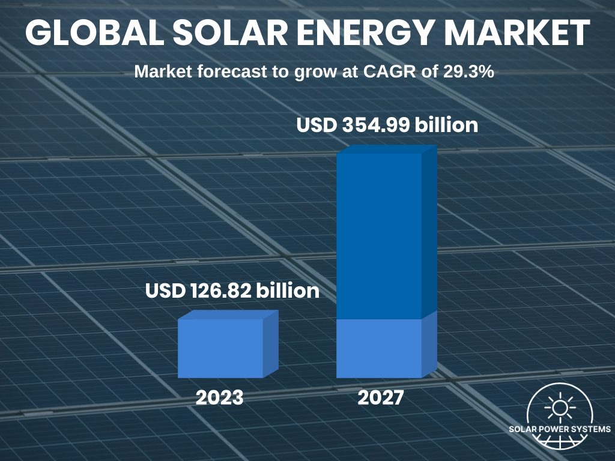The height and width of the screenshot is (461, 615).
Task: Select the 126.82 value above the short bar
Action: [x=223, y=292]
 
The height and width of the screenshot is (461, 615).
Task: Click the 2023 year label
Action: [x=219, y=398]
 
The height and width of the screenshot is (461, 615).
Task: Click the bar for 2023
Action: [x=220, y=348]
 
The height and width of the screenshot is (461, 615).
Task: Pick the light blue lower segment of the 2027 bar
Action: [x=379, y=348]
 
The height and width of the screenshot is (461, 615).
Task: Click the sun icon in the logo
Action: [x=560, y=408]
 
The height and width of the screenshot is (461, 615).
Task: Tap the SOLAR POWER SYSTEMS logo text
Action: [x=560, y=429]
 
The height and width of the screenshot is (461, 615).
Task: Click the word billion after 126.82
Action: [x=288, y=292]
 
